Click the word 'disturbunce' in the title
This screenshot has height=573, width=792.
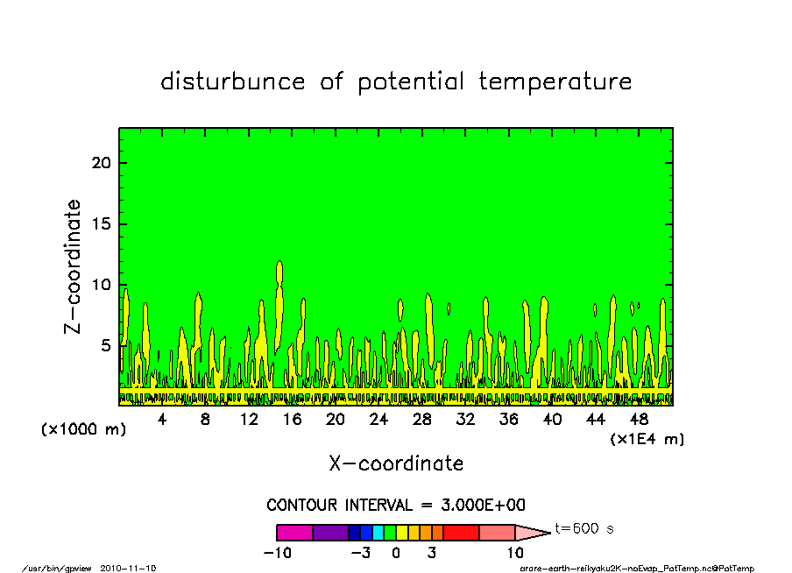(x=233, y=81)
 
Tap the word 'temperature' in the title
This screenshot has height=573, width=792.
(x=555, y=81)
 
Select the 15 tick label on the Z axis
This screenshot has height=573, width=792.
(x=101, y=223)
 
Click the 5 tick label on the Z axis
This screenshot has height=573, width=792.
(x=105, y=345)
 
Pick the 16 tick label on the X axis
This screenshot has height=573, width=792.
(x=292, y=420)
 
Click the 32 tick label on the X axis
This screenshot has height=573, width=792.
(x=465, y=420)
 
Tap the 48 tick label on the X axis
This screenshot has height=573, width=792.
(x=639, y=420)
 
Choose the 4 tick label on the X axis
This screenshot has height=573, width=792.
(x=161, y=420)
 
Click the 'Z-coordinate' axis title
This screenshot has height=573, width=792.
(x=72, y=266)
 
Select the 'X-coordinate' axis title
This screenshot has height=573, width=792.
(x=396, y=463)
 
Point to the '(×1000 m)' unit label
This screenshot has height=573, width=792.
(x=83, y=429)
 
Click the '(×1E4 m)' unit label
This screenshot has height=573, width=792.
(x=647, y=439)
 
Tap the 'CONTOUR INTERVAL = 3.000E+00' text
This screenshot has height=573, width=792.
(x=396, y=505)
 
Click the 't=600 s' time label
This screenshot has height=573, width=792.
(x=584, y=528)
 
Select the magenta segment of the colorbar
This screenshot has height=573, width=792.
(x=294, y=533)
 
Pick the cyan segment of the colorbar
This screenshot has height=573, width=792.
(x=378, y=533)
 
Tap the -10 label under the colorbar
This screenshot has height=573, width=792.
(x=278, y=553)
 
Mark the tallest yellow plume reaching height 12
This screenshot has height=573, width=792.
(x=279, y=303)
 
